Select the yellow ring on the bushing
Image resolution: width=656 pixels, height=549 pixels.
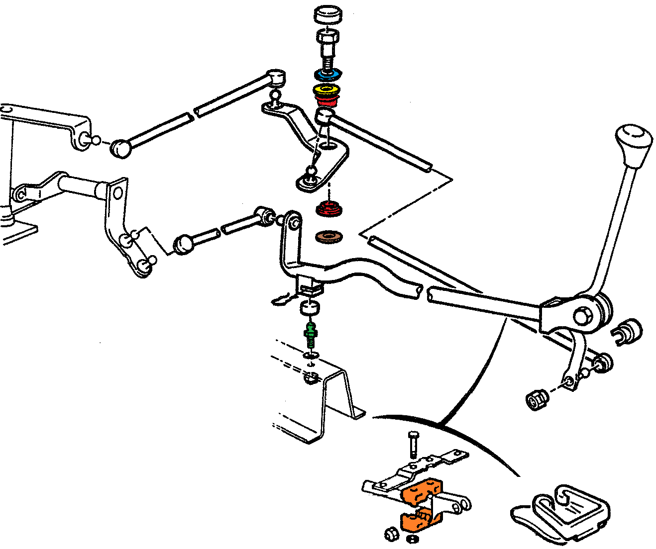tap(327, 91)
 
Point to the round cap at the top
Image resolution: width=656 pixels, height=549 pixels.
tap(328, 14)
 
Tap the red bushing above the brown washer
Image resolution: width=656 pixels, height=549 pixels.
tap(329, 208)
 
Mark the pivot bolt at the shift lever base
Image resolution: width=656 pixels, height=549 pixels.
tap(581, 316)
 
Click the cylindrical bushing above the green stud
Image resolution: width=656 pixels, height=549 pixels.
tap(310, 308)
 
